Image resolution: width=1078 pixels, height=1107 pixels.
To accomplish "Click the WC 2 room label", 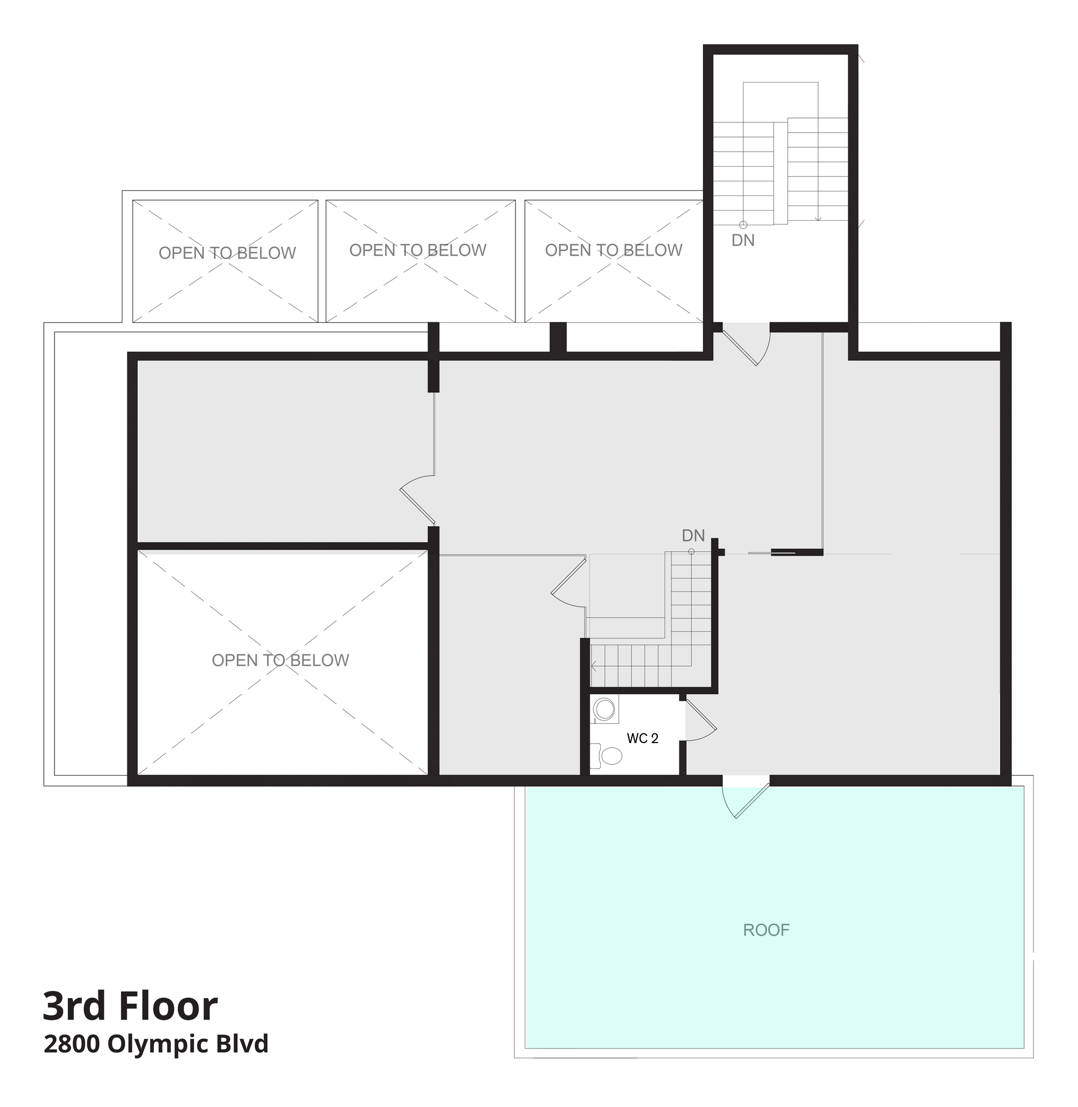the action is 643,739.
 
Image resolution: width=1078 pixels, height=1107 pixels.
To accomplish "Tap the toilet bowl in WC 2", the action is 611,755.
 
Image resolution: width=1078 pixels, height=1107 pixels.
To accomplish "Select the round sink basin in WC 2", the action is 605,709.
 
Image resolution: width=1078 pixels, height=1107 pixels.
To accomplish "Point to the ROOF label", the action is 766,930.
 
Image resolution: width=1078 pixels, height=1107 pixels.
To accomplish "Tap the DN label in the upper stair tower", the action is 743,240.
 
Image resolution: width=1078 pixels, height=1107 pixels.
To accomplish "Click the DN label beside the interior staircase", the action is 693,536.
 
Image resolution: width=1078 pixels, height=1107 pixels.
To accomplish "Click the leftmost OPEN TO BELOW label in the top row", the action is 227,253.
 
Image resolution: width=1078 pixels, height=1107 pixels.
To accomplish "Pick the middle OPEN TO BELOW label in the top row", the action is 418,250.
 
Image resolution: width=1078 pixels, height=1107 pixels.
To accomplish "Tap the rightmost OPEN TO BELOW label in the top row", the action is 614,250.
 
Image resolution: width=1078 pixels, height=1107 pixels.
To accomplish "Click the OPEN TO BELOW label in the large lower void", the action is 280,660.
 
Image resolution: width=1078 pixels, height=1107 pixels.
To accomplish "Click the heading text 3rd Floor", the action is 130,1006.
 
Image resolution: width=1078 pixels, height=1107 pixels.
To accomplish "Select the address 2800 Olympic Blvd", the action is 156,1044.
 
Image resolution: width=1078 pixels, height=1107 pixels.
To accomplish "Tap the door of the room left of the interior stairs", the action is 568,582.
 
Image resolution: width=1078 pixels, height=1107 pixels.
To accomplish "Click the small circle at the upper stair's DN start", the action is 743,225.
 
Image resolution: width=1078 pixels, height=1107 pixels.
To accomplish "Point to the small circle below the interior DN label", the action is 691,552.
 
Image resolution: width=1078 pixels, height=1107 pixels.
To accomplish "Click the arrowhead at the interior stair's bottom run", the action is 593,667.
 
